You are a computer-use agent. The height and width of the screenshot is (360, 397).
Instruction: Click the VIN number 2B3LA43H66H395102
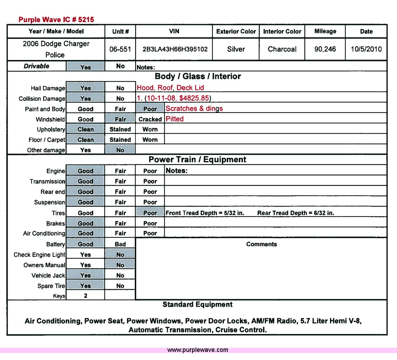point(175,49)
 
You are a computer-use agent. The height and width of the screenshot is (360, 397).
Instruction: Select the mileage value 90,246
point(325,49)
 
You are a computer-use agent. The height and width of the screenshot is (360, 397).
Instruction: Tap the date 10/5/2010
point(366,49)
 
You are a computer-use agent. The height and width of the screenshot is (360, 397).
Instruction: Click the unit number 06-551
point(120,49)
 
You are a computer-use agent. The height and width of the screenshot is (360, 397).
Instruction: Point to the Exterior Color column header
point(236,32)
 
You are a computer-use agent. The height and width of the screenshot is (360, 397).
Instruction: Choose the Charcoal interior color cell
point(282,49)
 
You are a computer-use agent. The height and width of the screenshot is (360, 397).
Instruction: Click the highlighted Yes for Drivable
point(85,67)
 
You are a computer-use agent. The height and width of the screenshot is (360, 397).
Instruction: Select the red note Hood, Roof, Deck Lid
point(170,88)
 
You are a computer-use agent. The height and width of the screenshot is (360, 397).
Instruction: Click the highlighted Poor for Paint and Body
point(150,109)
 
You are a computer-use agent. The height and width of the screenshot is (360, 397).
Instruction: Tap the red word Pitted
point(174,119)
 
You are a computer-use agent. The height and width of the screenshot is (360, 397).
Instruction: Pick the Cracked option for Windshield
point(150,119)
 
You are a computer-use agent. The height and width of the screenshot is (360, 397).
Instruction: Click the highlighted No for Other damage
point(120,150)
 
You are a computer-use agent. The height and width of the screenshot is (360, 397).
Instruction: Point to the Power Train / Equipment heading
point(197,160)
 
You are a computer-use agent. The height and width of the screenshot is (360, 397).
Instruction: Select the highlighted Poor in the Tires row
point(150,213)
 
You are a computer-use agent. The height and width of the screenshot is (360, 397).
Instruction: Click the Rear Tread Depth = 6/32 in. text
point(296,213)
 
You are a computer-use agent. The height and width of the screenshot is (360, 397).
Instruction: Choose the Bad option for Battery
point(120,244)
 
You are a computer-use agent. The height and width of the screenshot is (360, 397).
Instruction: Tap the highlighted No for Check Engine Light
point(120,255)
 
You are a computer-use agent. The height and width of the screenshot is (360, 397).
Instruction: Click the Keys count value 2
point(85,296)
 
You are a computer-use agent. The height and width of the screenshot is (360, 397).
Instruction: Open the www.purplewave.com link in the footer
point(198,350)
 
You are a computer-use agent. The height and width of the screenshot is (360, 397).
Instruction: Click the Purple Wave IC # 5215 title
point(56,20)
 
